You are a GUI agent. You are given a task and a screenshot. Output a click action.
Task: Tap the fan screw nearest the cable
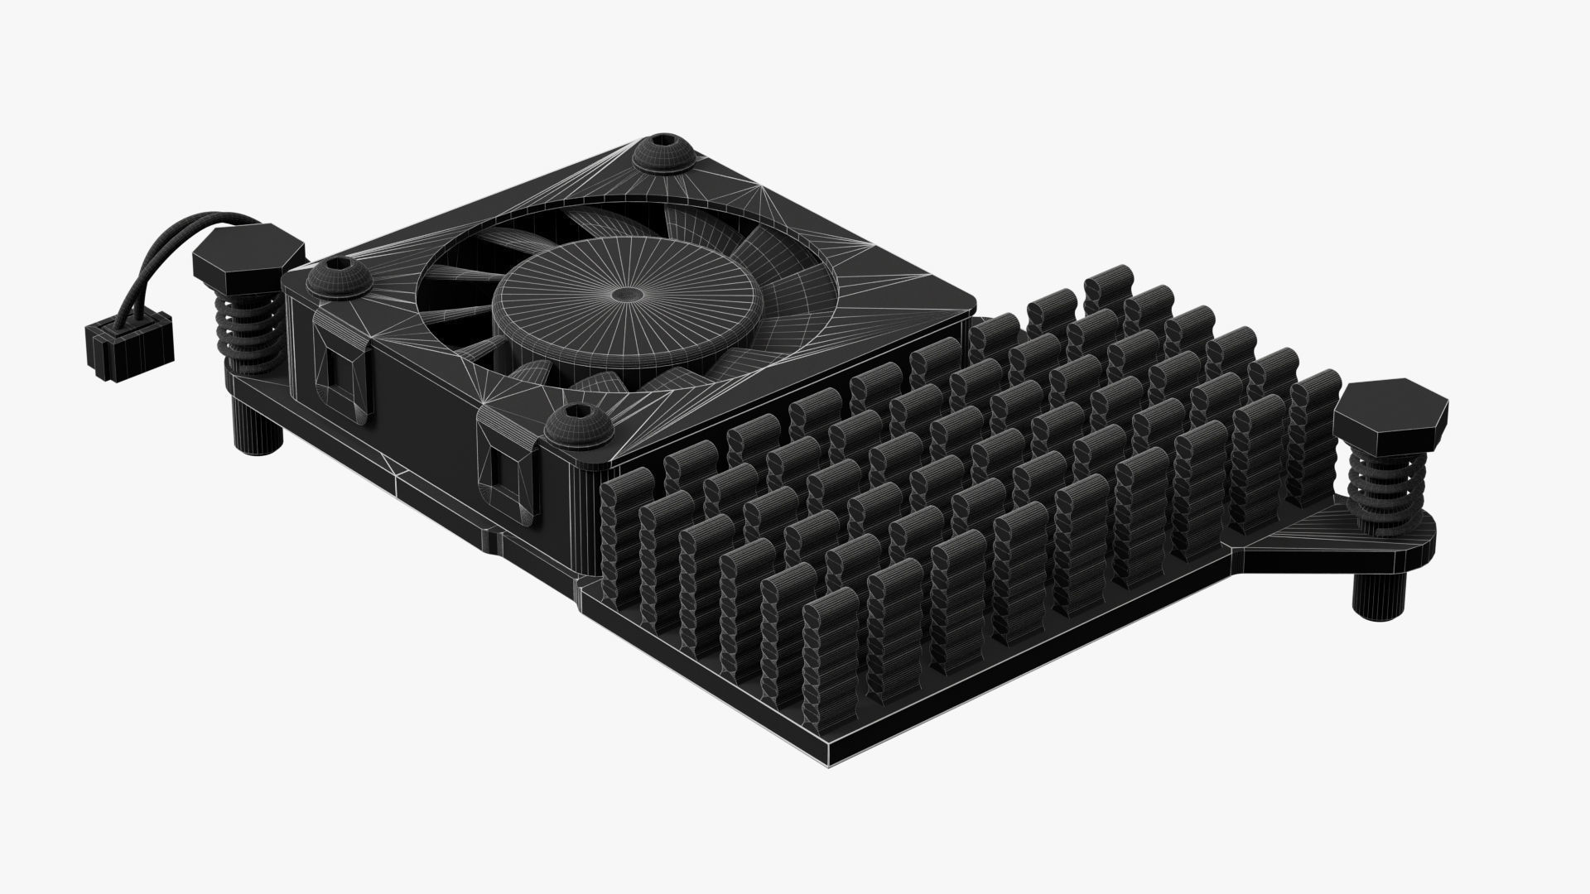[340, 278]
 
